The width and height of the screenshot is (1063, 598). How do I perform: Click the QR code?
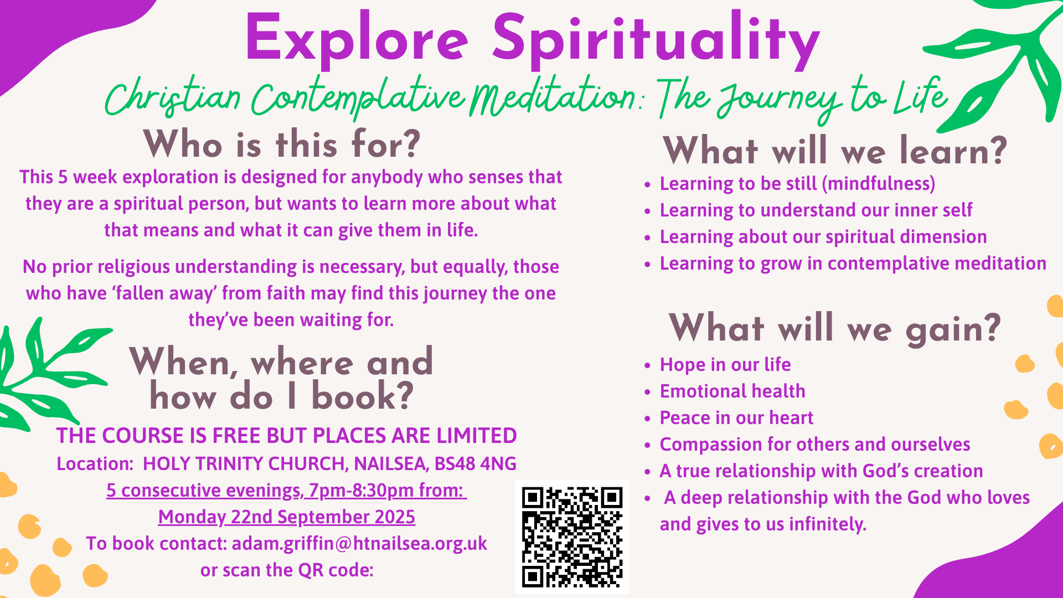coord(572,537)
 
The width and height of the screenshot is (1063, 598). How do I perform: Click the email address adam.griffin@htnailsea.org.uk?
coord(359,544)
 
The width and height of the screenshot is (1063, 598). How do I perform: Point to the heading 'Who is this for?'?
coord(282,145)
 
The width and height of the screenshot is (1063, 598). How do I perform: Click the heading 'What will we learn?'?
coord(835,151)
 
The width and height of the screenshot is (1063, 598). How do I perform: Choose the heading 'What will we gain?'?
coord(835,328)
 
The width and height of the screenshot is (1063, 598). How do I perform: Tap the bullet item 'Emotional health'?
coord(732,391)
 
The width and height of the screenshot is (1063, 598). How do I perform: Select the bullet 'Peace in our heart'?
coord(736,417)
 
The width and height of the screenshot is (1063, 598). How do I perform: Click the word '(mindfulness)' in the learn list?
coord(879,184)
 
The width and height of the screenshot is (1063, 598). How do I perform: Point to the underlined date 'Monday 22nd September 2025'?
coord(287,517)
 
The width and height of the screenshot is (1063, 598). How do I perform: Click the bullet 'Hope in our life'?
coord(725,364)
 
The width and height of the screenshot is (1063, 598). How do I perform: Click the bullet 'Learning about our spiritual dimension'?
coord(823,237)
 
